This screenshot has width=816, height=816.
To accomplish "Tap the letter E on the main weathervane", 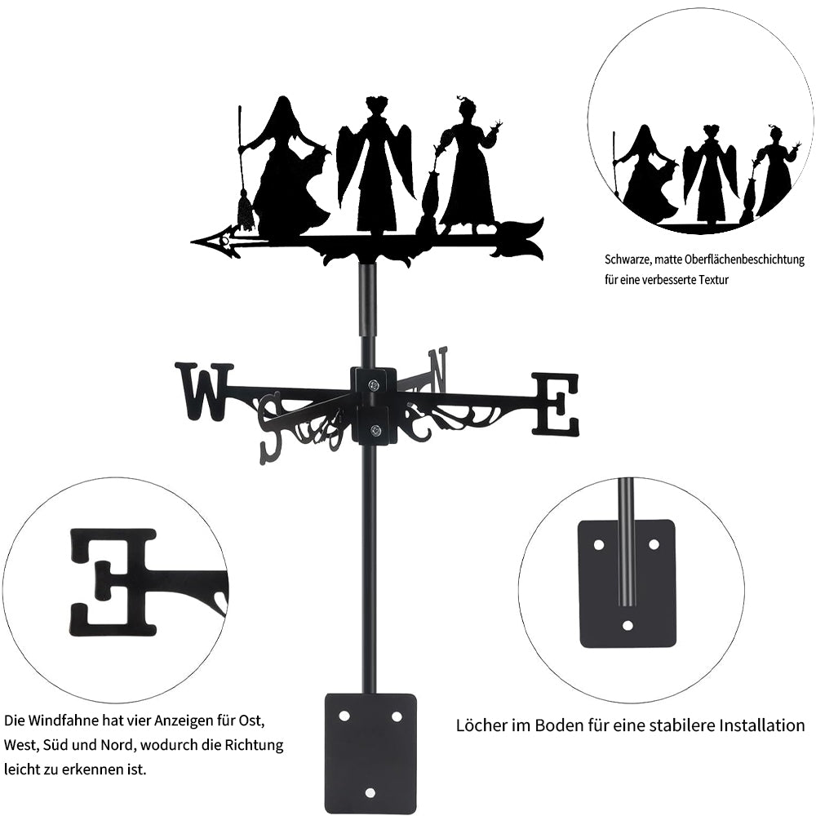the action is (555, 404).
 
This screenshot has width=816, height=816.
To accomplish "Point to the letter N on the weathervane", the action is (437, 370).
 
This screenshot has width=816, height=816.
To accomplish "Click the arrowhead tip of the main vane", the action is (192, 242).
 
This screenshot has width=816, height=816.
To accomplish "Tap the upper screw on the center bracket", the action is (375, 384).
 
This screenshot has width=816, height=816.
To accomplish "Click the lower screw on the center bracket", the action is (375, 430).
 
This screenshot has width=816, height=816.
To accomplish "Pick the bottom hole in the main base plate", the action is (370, 792).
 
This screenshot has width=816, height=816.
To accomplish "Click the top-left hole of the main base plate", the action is (344, 716).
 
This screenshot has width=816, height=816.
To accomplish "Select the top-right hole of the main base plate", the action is (397, 716).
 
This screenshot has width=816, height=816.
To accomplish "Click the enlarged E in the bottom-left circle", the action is (113, 581).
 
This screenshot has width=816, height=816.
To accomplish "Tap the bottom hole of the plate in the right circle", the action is (628, 624).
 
